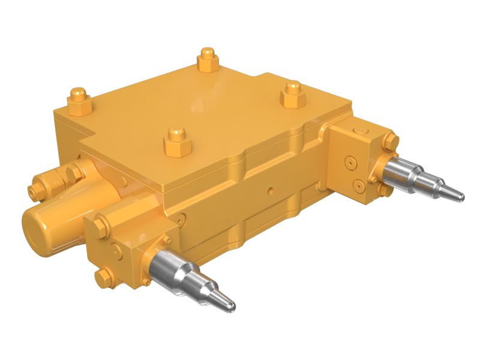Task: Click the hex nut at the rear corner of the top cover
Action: point(208,59)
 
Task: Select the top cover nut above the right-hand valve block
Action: point(292,95)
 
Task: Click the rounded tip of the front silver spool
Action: point(230,306)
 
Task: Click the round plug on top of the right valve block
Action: point(359,130)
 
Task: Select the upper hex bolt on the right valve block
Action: point(391,142)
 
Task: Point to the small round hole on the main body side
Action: point(271,191)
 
